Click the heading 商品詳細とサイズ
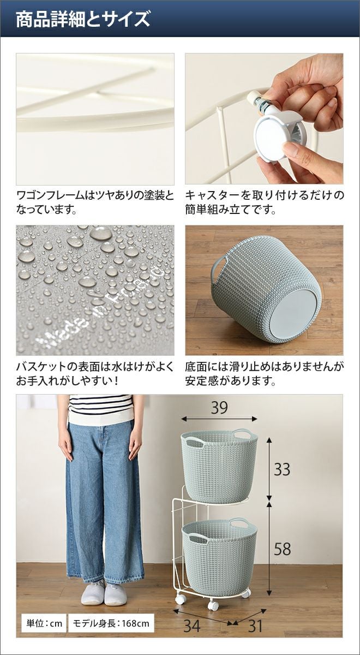83,20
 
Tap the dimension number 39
219,407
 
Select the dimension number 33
282,469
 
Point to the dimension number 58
283,549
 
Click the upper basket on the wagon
219,465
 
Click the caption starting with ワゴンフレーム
95,203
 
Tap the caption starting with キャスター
265,203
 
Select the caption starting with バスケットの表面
95,374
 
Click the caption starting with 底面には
265,374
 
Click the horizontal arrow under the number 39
219,419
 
